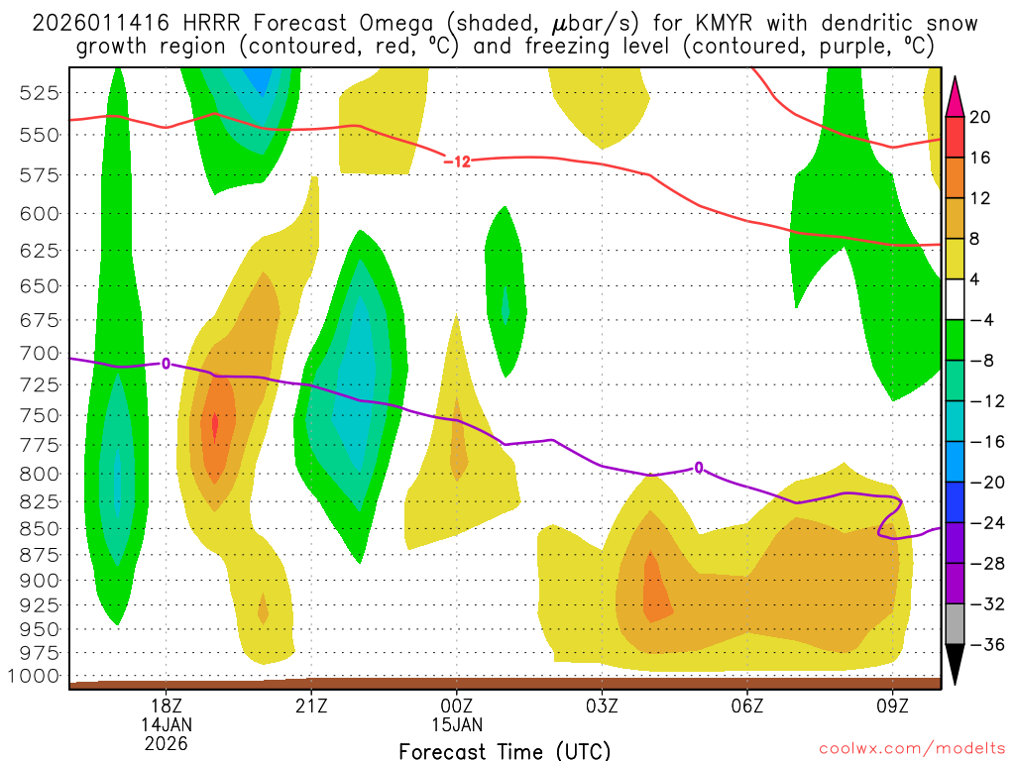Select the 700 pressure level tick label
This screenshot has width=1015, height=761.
point(41,353)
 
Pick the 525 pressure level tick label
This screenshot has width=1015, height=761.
point(41,92)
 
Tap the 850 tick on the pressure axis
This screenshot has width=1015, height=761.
point(41,528)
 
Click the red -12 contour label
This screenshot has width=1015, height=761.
point(456,161)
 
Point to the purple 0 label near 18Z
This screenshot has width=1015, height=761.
point(166,364)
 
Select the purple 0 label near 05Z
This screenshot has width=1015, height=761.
point(699,468)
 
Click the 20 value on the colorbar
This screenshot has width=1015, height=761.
point(980,117)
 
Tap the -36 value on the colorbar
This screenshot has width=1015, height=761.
point(982,645)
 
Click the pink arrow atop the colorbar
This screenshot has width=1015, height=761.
point(956,95)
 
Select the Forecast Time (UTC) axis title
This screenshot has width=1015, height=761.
point(505,750)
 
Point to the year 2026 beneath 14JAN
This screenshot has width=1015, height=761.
point(166,742)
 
